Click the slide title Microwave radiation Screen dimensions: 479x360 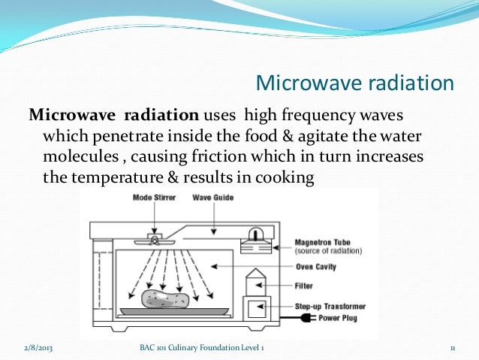click(x=354, y=83)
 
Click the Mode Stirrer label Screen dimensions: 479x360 click(x=154, y=198)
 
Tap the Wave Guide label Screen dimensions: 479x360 click(x=213, y=198)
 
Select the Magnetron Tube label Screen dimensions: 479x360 click(x=322, y=243)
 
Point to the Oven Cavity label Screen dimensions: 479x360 click(x=316, y=267)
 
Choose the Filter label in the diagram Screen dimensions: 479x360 click(x=303, y=286)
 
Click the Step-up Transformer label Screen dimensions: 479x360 click(x=330, y=307)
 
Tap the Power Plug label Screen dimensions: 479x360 click(x=338, y=318)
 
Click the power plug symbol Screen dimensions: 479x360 click(x=308, y=318)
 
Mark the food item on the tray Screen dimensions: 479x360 click(x=165, y=299)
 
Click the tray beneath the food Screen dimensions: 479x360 click(x=174, y=311)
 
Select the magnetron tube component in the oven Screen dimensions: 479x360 click(x=256, y=241)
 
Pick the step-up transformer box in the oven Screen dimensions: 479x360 click(x=257, y=308)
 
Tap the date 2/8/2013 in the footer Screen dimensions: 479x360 click(x=38, y=348)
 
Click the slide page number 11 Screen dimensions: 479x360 click(x=453, y=349)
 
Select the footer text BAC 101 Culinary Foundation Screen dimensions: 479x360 click(x=189, y=348)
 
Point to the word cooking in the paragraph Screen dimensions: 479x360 click(x=285, y=178)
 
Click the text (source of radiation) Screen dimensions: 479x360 click(x=328, y=251)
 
